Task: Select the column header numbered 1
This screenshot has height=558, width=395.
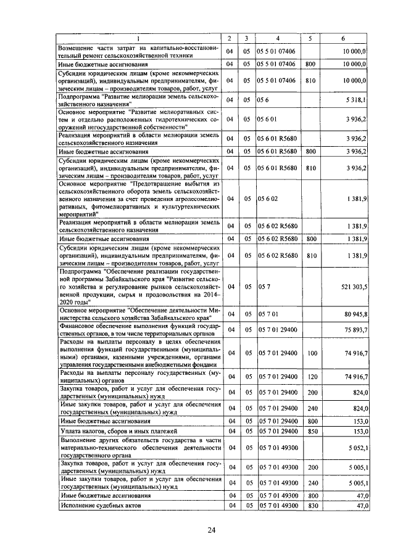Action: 138,39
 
